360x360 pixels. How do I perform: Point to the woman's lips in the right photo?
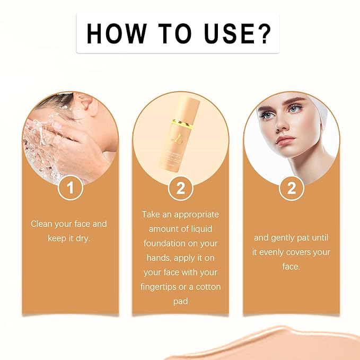pyautogui.click(x=285, y=140)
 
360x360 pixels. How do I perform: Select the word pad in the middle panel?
pyautogui.click(x=181, y=301)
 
